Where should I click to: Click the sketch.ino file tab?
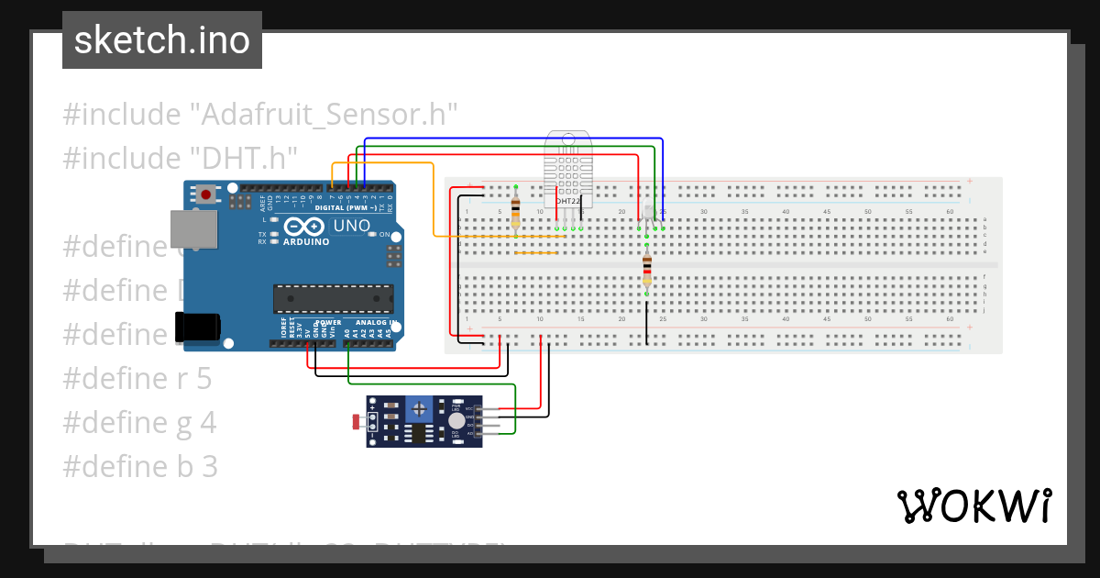point(161,40)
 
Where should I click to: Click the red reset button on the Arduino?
point(206,195)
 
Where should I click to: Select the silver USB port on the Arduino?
point(194,228)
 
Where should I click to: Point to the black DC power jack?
point(197,328)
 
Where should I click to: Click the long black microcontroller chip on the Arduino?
point(333,298)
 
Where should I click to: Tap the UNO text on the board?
point(350,226)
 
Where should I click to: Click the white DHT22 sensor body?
point(567,169)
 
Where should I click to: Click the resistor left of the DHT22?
point(516,210)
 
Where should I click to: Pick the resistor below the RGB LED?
point(647,269)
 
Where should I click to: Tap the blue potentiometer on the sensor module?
point(420,406)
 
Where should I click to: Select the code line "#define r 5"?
point(137,378)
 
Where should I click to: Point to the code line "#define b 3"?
point(140,467)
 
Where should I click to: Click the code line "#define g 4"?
point(140,423)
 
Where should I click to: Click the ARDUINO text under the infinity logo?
point(307,242)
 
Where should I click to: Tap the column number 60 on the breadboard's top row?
point(949,212)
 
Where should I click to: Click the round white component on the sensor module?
point(456,420)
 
